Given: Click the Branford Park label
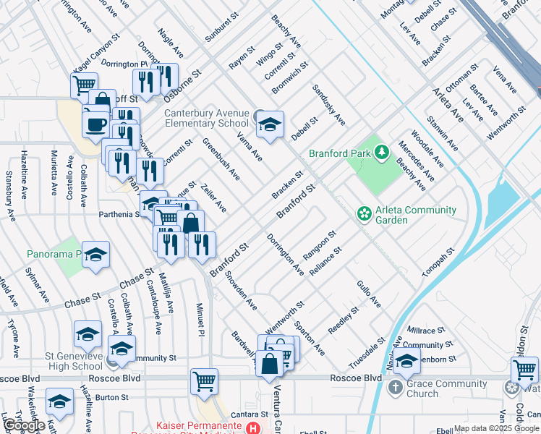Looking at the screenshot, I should [x=339, y=153].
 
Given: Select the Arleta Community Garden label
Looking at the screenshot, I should [x=415, y=215].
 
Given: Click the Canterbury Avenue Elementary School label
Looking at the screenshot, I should [x=207, y=118].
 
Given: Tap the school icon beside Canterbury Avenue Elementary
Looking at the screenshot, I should [x=270, y=124].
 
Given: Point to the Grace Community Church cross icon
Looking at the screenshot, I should [x=395, y=388].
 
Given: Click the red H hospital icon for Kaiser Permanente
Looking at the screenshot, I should [x=253, y=428].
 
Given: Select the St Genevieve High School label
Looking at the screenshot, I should [x=63, y=361].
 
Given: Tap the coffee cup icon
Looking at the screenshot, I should [x=95, y=124].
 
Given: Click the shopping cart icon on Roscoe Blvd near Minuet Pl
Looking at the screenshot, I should [x=204, y=380].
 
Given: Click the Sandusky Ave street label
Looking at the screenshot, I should [x=329, y=105].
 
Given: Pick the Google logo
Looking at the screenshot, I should [x=25, y=425].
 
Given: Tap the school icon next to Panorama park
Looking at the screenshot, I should [x=96, y=255].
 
